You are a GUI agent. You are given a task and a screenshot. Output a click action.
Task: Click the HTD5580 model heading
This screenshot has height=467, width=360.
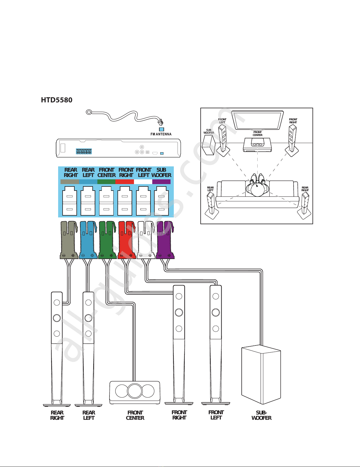click(57, 100)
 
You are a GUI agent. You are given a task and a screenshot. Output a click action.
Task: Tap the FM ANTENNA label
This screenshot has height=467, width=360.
click(161, 134)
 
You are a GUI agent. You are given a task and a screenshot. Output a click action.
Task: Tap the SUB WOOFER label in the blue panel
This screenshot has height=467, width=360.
click(161, 173)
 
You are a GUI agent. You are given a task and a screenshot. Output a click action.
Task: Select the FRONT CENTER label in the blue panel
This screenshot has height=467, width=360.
click(107, 173)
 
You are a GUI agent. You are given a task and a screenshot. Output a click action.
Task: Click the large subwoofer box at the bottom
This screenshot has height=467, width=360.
click(261, 375)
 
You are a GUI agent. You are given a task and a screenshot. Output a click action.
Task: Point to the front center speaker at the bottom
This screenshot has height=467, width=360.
click(135, 392)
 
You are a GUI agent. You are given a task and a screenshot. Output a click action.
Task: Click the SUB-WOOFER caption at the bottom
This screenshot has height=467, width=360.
click(261, 415)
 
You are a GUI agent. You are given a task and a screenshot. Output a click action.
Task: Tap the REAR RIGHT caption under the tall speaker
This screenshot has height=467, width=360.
click(57, 415)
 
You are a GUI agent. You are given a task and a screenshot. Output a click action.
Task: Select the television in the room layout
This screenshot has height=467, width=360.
click(257, 120)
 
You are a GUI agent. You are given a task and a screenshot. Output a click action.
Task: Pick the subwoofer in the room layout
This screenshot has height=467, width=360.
click(208, 145)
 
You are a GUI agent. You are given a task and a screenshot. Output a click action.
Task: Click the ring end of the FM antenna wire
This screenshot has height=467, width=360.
click(89, 112)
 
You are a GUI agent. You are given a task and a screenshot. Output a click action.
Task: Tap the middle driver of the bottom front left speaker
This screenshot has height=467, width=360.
click(216, 312)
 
